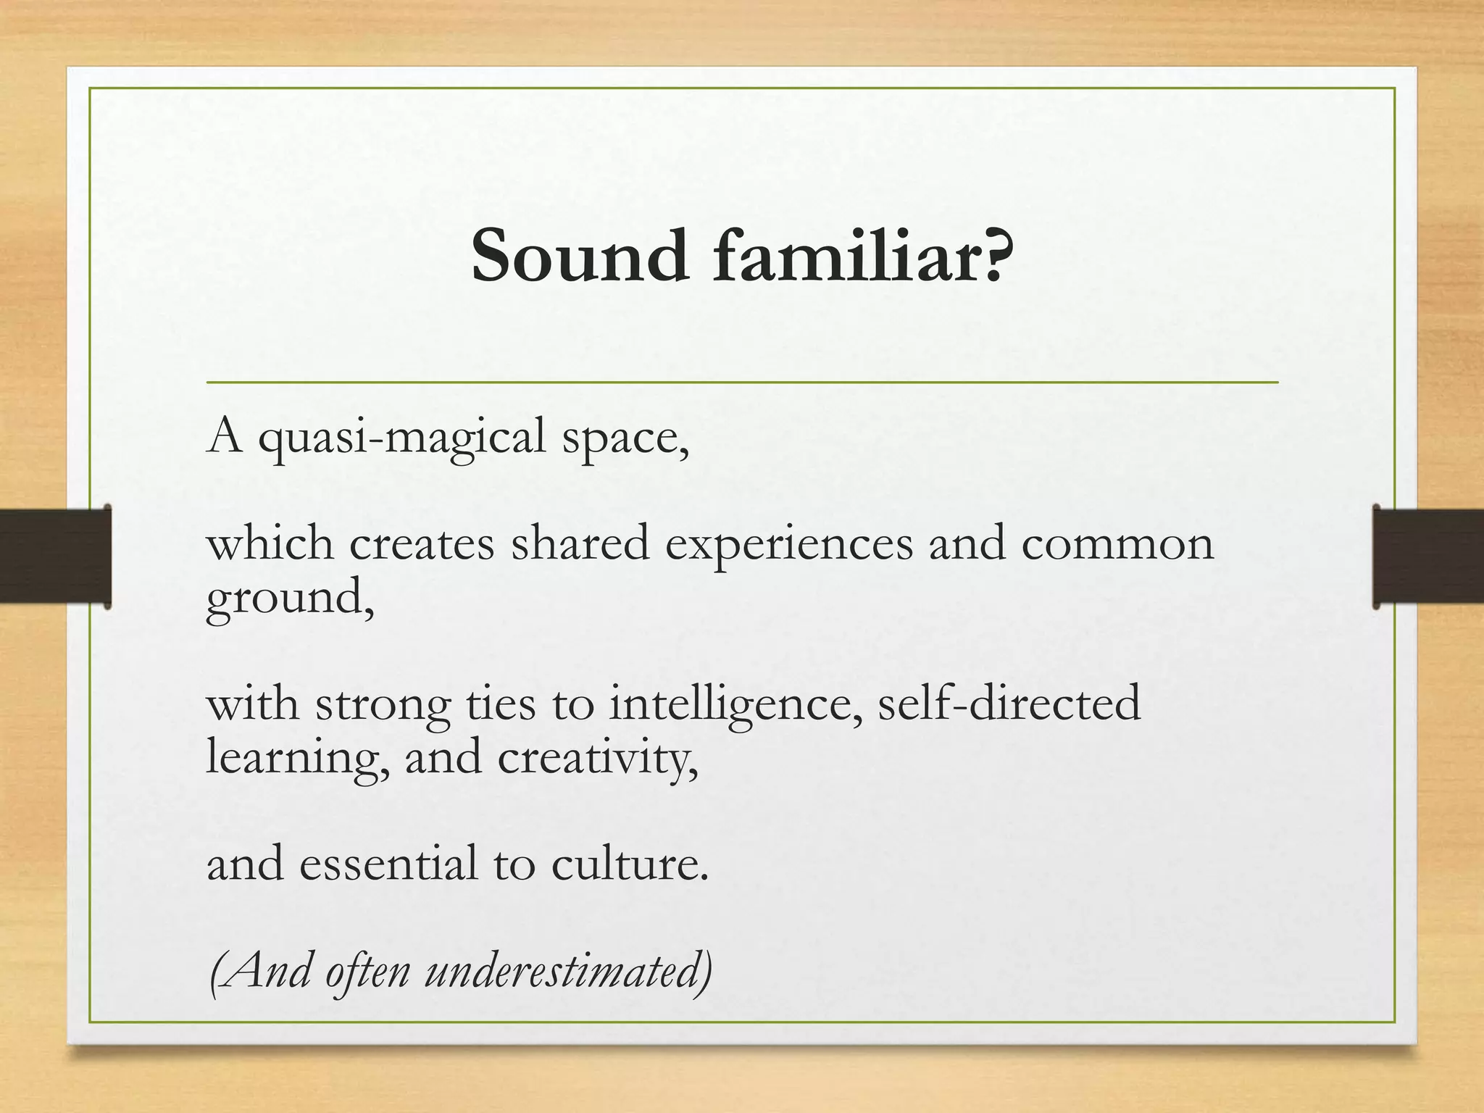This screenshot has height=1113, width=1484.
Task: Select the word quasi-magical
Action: [x=402, y=439]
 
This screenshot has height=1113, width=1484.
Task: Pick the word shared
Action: [x=580, y=545]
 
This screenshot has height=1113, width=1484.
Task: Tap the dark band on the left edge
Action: [x=55, y=556]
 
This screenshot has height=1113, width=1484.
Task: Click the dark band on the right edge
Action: [x=1427, y=556]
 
